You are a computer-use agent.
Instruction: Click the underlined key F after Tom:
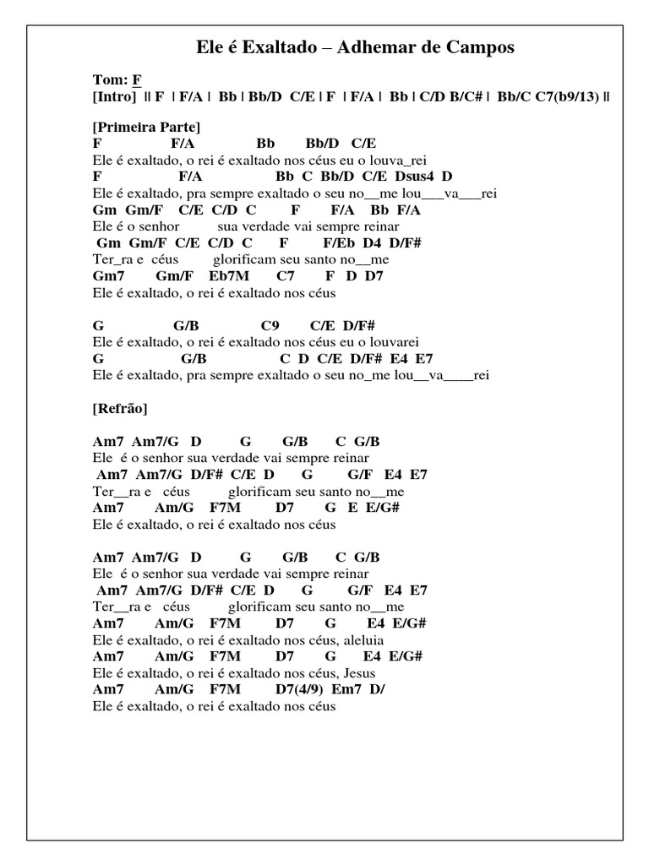pyautogui.click(x=135, y=81)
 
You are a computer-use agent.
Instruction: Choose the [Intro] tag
pyautogui.click(x=114, y=96)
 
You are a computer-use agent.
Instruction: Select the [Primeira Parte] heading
pyautogui.click(x=145, y=128)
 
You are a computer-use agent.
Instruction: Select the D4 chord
pyautogui.click(x=373, y=243)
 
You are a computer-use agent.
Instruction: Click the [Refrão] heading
pyautogui.click(x=119, y=409)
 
